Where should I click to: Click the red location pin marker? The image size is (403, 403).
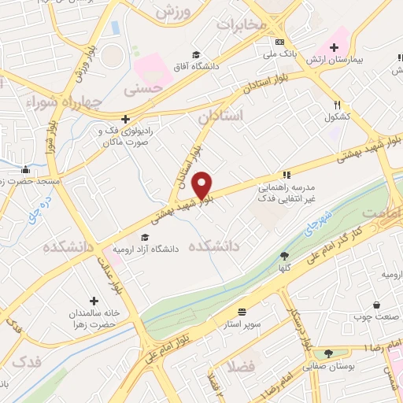tap(203, 185)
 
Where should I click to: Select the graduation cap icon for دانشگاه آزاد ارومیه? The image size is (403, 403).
tap(144, 237)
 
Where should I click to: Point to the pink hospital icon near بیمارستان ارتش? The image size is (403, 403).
tap(341, 35)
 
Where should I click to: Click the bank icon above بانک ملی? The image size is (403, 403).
tap(279, 43)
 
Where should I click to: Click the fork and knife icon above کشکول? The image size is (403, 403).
tap(338, 104)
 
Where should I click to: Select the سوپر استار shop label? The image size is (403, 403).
tap(242, 324)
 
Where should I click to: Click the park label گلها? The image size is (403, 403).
tap(284, 268)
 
